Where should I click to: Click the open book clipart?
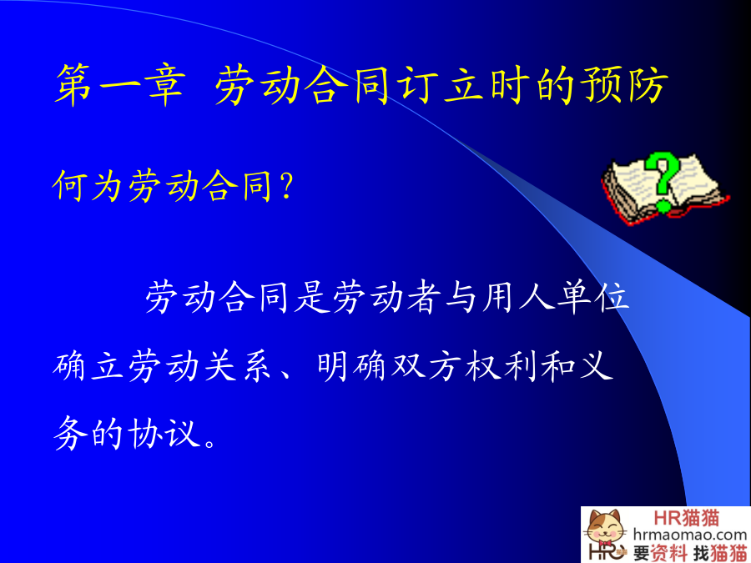[x=665, y=189]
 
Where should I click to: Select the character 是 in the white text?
[x=313, y=297]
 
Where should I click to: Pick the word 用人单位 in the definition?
[x=556, y=297]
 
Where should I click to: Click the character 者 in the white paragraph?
[x=425, y=297]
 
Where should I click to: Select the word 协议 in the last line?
[x=164, y=434]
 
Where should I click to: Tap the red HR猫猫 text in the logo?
[x=687, y=518]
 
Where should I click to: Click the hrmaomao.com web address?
[x=690, y=535]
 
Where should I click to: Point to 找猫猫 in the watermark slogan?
[x=720, y=553]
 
